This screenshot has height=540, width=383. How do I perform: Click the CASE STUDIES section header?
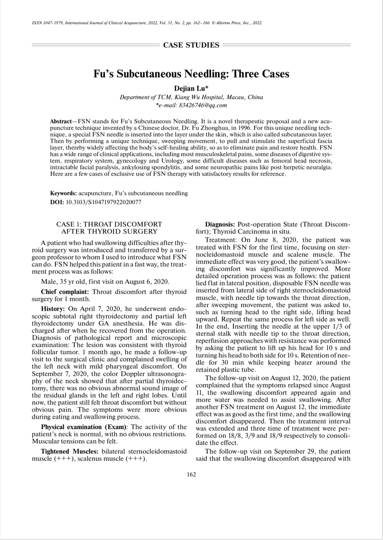[191, 45]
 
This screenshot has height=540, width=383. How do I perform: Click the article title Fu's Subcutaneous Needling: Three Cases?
[191, 74]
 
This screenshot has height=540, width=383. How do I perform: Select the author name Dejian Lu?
[191, 88]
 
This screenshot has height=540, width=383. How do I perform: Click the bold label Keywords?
[63, 193]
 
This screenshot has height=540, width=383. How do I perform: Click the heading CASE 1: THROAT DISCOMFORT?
[109, 224]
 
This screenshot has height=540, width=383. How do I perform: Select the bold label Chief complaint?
[65, 292]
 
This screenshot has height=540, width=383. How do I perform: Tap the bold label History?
[54, 309]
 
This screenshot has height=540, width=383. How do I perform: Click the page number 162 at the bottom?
[191, 475]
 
